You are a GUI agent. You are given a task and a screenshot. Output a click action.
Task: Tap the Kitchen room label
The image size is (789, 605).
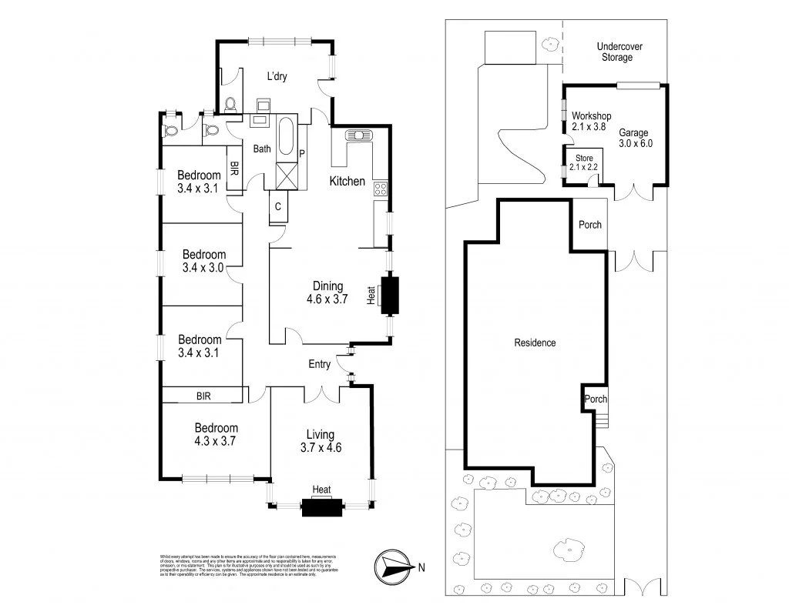[347, 182]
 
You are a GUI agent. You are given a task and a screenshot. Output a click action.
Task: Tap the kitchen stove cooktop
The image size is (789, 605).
[381, 188]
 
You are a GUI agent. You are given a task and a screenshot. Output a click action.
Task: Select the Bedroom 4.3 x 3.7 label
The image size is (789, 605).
[216, 435]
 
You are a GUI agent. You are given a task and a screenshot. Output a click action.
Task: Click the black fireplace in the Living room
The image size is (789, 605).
[321, 507]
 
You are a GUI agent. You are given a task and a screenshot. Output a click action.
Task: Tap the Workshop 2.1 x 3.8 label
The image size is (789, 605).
[591, 122]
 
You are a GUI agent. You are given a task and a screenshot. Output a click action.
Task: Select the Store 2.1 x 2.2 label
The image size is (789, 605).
[583, 162]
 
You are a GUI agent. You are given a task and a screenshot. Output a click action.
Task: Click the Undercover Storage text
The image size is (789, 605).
[619, 52]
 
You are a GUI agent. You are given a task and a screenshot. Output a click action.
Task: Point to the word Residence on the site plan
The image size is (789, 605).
[535, 343]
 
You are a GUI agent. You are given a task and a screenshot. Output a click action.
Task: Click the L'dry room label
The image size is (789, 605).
[279, 76]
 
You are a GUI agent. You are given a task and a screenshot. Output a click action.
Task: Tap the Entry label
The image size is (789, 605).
[319, 363]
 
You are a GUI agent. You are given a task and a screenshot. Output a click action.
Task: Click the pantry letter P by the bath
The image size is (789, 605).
[302, 153]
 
